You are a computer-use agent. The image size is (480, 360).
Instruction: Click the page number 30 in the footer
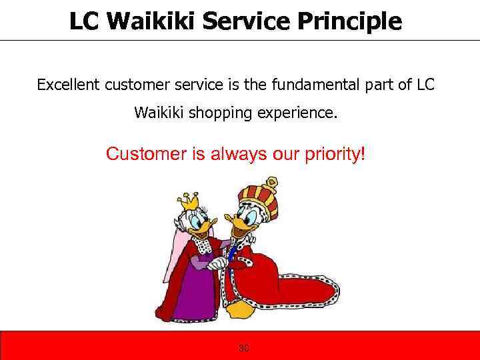[x=244, y=347]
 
